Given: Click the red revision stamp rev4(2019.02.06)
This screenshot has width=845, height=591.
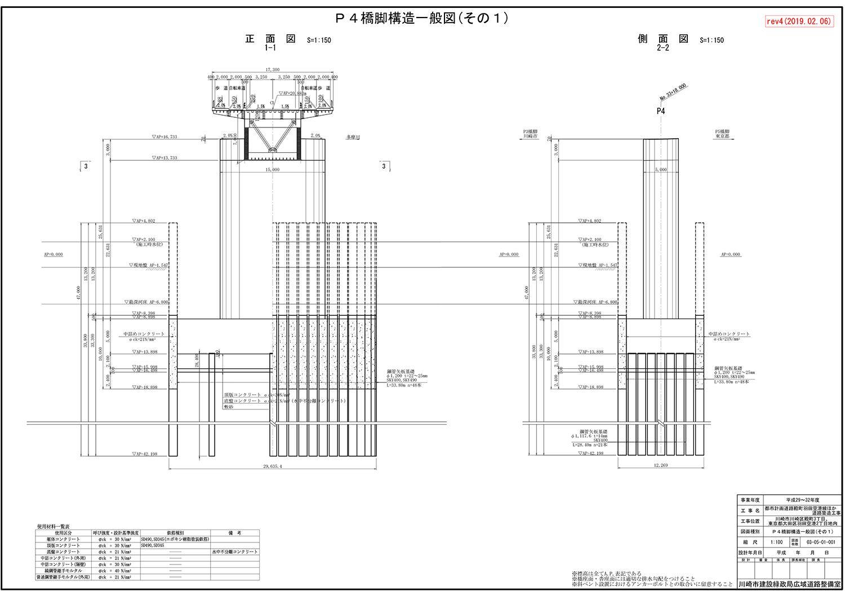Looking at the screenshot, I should click(799, 21).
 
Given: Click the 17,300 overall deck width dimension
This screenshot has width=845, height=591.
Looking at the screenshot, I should click(273, 70).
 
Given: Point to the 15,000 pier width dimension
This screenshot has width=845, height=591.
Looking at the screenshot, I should click(272, 169).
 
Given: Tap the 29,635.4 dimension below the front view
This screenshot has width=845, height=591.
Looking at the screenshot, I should click(273, 466).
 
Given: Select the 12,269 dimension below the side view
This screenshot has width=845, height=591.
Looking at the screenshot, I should click(661, 465).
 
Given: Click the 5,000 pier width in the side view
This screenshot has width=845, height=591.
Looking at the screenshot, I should click(661, 169).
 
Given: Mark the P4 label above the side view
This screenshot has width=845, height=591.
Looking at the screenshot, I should click(661, 111).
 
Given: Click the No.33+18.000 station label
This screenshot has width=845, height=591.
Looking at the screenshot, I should click(673, 92).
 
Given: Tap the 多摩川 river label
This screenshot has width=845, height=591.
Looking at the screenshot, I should click(353, 137).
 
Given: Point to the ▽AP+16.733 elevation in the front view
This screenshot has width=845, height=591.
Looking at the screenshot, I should click(164, 137).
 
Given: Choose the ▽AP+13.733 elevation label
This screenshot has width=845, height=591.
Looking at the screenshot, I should click(164, 158).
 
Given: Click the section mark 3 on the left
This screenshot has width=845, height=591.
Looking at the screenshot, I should click(86, 166).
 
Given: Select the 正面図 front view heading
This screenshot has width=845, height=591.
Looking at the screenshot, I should click(270, 39).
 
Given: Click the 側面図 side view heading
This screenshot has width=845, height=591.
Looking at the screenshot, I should click(663, 39).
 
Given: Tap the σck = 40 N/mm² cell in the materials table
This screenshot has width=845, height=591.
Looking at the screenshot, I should click(115, 571).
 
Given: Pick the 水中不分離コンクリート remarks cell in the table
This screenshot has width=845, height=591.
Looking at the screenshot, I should click(235, 552).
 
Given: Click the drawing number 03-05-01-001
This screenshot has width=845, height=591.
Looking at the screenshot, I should click(821, 542).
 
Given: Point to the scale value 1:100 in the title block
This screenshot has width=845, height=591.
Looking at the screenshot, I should click(776, 542).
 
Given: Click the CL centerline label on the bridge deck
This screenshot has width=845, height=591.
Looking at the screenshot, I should click(272, 103).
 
